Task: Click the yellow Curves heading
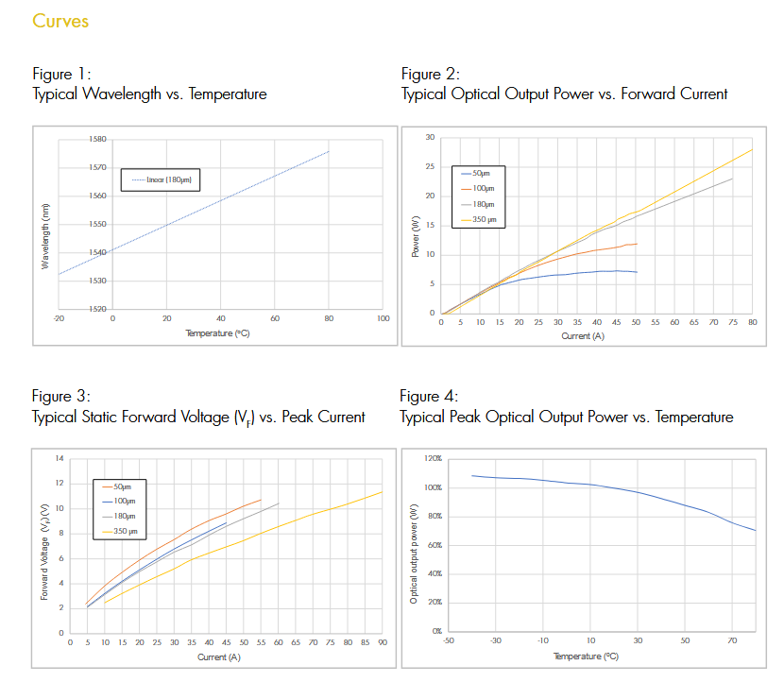tap(60, 21)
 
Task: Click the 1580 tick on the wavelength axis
tap(96, 139)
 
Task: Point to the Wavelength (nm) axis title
tap(44, 235)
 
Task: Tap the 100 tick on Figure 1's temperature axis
tap(383, 319)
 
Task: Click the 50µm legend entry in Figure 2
tap(481, 174)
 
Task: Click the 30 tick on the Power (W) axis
tap(430, 138)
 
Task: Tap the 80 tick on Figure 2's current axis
tap(753, 323)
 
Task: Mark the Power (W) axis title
tap(416, 236)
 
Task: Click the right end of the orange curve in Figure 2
tap(638, 244)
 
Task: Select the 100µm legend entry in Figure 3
tap(124, 501)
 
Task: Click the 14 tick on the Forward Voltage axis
tap(60, 459)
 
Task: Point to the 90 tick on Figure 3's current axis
tap(382, 643)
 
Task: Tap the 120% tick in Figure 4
tap(433, 458)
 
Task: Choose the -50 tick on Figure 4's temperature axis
tap(449, 640)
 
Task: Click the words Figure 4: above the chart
tap(429, 396)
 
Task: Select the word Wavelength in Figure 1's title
tap(117, 94)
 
